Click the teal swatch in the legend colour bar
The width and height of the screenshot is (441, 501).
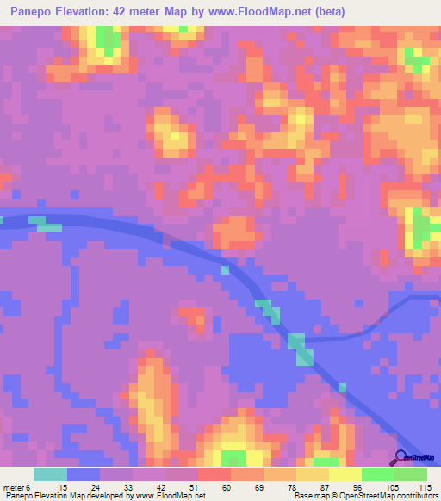pyautogui.click(x=50, y=474)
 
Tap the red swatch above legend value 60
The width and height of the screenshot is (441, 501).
pyautogui.click(x=214, y=474)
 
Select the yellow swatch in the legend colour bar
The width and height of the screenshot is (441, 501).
pyautogui.click(x=345, y=474)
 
